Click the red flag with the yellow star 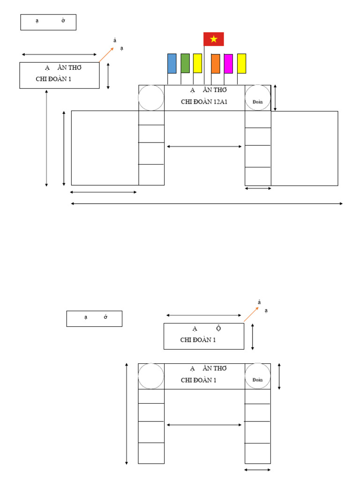[x=214, y=39]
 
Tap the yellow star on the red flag [x=214, y=39]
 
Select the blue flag [x=172, y=63]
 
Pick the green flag [x=185, y=63]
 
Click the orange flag [x=216, y=64]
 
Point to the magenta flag [x=228, y=64]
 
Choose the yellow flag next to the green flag [x=197, y=63]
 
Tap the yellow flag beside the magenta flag [x=241, y=63]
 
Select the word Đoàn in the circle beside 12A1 [x=257, y=102]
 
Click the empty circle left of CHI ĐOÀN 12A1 [x=151, y=98]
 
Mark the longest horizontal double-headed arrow [x=207, y=203]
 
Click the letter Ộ [x=218, y=328]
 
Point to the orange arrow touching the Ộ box [x=251, y=314]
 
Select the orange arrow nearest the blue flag [x=106, y=54]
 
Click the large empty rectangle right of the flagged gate [x=304, y=148]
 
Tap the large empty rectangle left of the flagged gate [x=105, y=148]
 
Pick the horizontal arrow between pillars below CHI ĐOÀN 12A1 [x=204, y=147]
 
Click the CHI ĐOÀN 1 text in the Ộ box [x=198, y=340]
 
